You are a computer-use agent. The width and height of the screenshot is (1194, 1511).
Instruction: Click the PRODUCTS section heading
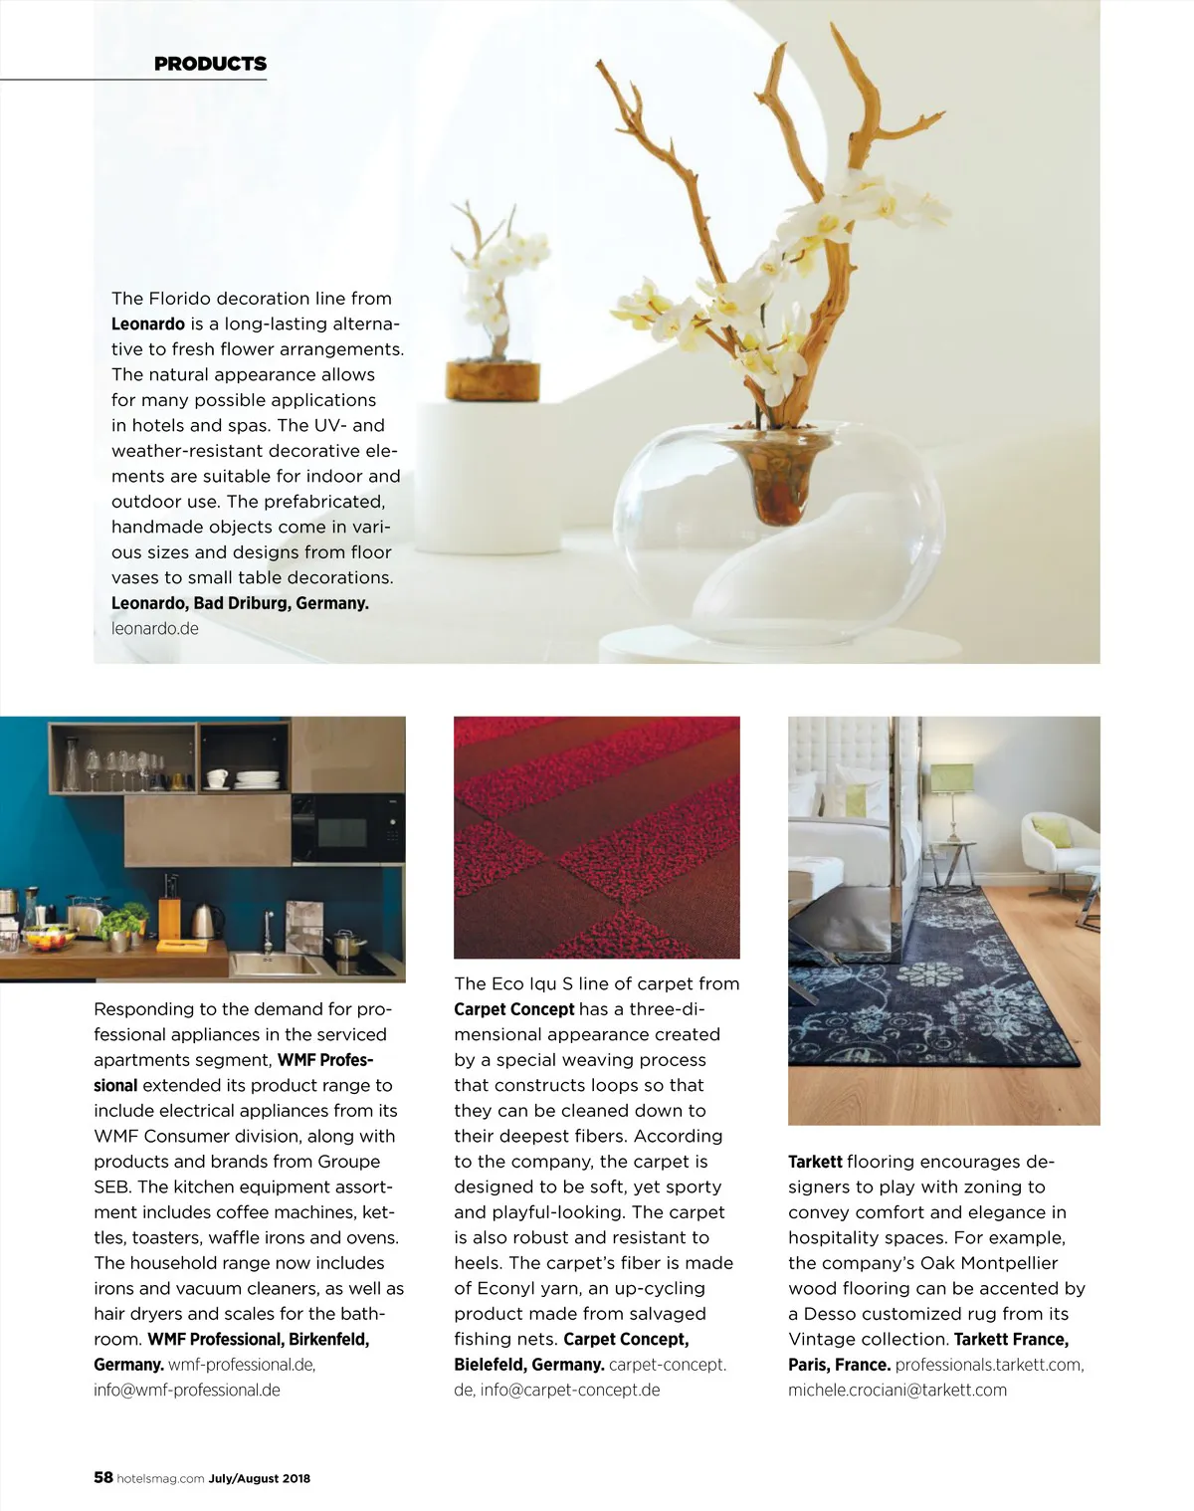click(x=210, y=64)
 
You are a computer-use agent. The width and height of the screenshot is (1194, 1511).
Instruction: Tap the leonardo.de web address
click(x=154, y=628)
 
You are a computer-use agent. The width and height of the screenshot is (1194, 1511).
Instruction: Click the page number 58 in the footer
click(x=103, y=1477)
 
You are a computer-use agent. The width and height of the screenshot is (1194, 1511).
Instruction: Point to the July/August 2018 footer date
click(x=259, y=1478)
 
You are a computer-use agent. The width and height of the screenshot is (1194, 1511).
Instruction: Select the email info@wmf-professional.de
click(x=187, y=1390)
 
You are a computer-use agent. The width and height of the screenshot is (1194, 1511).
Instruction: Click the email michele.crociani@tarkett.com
click(x=896, y=1390)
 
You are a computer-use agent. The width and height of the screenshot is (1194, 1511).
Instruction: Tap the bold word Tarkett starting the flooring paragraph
click(x=815, y=1162)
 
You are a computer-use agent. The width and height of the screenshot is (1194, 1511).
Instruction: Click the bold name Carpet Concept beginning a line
click(x=513, y=1009)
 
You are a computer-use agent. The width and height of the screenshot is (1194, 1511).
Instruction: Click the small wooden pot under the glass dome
click(x=492, y=380)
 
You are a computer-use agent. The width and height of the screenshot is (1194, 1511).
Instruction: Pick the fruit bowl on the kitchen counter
click(x=49, y=938)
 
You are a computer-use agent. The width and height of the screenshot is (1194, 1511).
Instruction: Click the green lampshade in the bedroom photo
click(x=950, y=777)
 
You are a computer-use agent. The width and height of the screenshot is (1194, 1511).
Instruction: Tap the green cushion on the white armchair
click(x=1050, y=830)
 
